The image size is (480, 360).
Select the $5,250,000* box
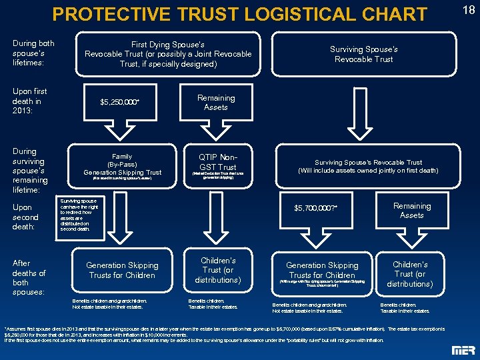point(120,102)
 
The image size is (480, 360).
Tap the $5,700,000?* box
point(316,209)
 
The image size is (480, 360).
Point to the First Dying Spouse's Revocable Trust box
point(168,54)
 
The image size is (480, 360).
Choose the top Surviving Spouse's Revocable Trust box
point(364,54)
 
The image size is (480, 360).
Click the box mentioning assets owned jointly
point(368,166)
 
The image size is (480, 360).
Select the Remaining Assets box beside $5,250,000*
point(216,102)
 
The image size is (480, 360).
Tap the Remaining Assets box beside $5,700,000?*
point(412,210)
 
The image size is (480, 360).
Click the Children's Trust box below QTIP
point(217,270)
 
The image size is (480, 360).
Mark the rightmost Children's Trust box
point(411,274)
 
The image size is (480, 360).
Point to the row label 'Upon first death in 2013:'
point(31,101)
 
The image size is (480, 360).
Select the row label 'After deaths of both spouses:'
point(29,277)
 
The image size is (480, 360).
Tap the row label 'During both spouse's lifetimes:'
point(33,52)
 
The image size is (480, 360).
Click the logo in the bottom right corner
point(463,351)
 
